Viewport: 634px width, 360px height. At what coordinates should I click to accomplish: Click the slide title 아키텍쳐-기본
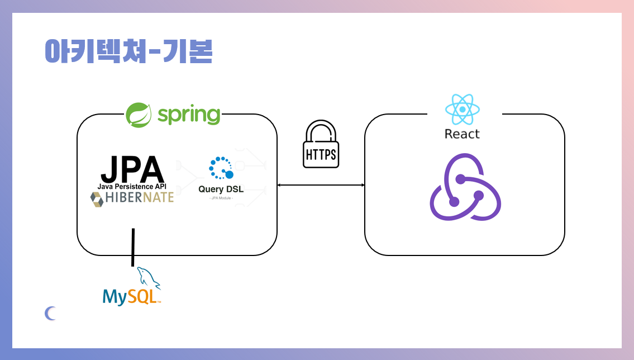click(x=128, y=52)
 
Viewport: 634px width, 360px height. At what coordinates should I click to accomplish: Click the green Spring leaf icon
click(x=138, y=115)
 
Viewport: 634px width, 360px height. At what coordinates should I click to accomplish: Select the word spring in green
click(x=188, y=115)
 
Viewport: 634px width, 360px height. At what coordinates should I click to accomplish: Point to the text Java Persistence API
click(x=132, y=186)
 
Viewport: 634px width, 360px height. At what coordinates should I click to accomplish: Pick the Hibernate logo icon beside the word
click(x=98, y=199)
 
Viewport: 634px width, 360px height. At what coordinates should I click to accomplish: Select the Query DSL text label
click(x=221, y=189)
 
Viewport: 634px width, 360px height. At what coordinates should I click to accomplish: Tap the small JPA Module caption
click(x=221, y=198)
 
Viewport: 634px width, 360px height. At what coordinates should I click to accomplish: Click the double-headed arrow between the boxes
click(x=321, y=185)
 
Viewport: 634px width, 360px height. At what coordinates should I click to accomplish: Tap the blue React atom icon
click(x=463, y=109)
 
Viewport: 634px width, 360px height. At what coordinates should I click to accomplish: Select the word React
click(x=462, y=134)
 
